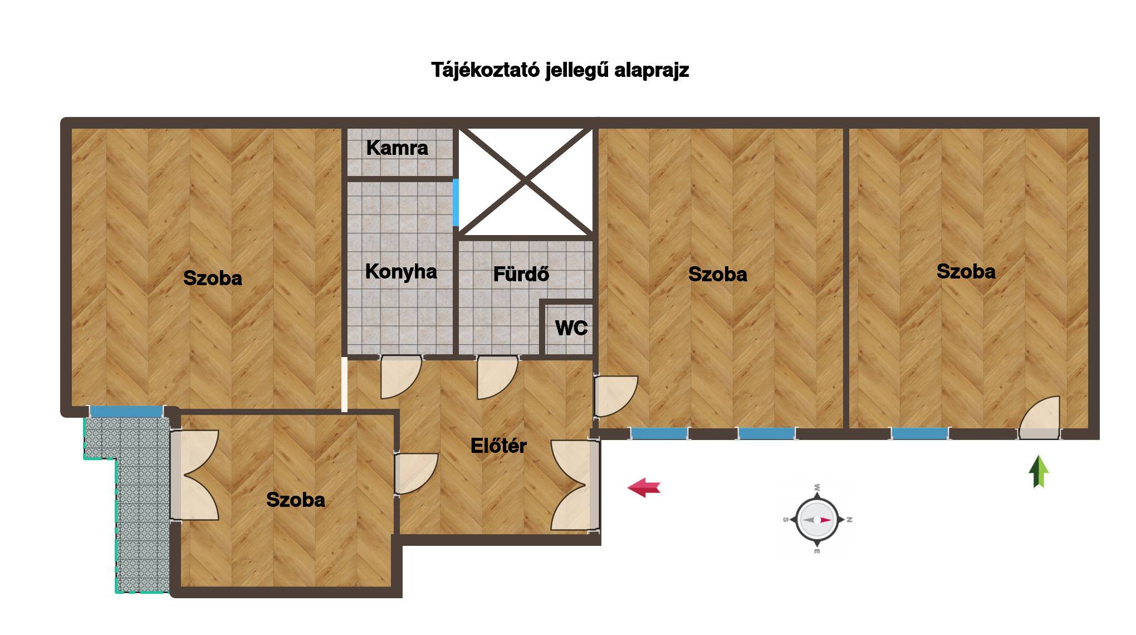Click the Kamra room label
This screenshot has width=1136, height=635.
click(397, 148)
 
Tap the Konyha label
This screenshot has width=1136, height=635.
click(401, 271)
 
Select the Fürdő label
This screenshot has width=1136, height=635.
click(521, 273)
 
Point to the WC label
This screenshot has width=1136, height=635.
click(571, 328)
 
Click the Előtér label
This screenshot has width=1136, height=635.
click(498, 445)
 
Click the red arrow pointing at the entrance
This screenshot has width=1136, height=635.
click(644, 487)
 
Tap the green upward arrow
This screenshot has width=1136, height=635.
click(1038, 471)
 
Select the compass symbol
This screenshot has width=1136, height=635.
click(817, 519)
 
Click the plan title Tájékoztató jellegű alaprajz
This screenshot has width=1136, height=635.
click(560, 70)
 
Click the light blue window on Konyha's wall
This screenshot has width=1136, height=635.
click(456, 202)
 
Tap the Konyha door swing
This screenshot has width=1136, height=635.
click(400, 377)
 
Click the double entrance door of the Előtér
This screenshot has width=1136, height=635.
click(575, 485)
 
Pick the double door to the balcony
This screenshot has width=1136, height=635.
click(194, 475)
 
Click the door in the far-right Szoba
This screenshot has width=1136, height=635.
click(1040, 417)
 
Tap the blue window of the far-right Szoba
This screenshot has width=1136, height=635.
click(919, 433)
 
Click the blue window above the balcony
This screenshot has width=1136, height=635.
click(126, 412)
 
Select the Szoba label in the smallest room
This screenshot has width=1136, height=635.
click(296, 500)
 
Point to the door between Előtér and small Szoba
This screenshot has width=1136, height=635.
click(416, 473)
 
